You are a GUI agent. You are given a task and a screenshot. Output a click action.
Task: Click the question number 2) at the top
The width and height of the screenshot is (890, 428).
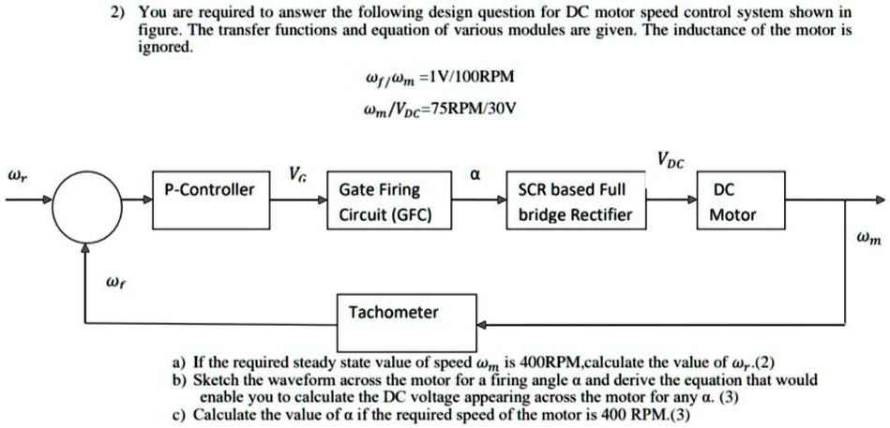pos(118,14)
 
